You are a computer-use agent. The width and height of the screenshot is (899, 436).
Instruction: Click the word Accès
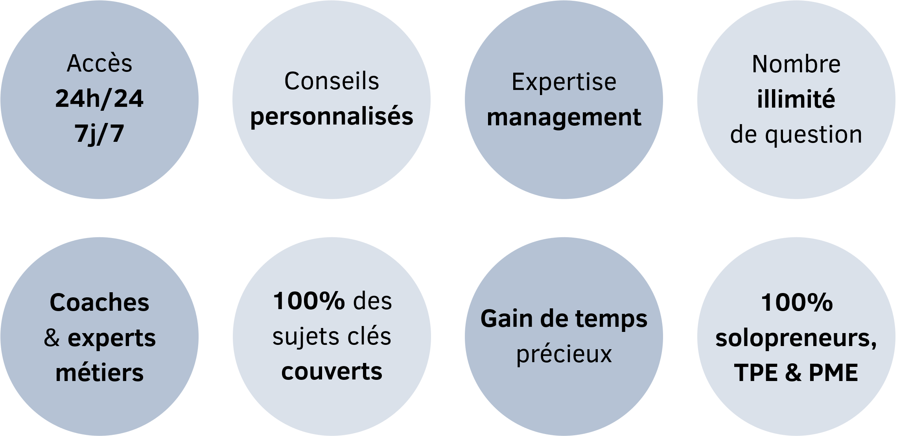pyautogui.click(x=99, y=64)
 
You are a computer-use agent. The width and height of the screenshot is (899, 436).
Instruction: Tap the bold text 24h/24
pyautogui.click(x=99, y=99)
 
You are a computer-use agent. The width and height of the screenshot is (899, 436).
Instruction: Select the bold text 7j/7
pyautogui.click(x=99, y=134)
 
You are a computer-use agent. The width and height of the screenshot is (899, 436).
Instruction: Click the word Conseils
pyautogui.click(x=332, y=81)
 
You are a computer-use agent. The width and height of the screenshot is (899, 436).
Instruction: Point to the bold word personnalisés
pyautogui.click(x=332, y=117)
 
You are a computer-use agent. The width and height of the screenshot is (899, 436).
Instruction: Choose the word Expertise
pyautogui.click(x=564, y=82)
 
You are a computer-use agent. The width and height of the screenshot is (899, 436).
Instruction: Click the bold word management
pyautogui.click(x=564, y=117)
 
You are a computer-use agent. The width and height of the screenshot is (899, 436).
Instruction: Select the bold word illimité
pyautogui.click(x=796, y=99)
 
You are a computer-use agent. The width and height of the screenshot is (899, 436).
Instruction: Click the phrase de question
pyautogui.click(x=796, y=135)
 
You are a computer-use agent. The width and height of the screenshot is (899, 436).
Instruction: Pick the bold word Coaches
pyautogui.click(x=99, y=302)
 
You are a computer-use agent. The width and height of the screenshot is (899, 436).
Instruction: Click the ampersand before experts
pyautogui.click(x=52, y=338)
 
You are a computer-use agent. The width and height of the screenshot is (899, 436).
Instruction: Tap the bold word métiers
pyautogui.click(x=99, y=373)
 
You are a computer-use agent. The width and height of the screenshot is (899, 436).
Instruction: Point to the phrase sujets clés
pyautogui.click(x=332, y=337)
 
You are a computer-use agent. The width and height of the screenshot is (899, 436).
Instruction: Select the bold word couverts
pyautogui.click(x=332, y=372)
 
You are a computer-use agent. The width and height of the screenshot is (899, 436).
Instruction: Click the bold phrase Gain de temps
pyautogui.click(x=564, y=319)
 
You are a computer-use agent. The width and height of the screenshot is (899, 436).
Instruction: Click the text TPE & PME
pyautogui.click(x=796, y=372)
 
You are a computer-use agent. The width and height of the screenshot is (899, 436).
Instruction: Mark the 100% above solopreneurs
pyautogui.click(x=796, y=303)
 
